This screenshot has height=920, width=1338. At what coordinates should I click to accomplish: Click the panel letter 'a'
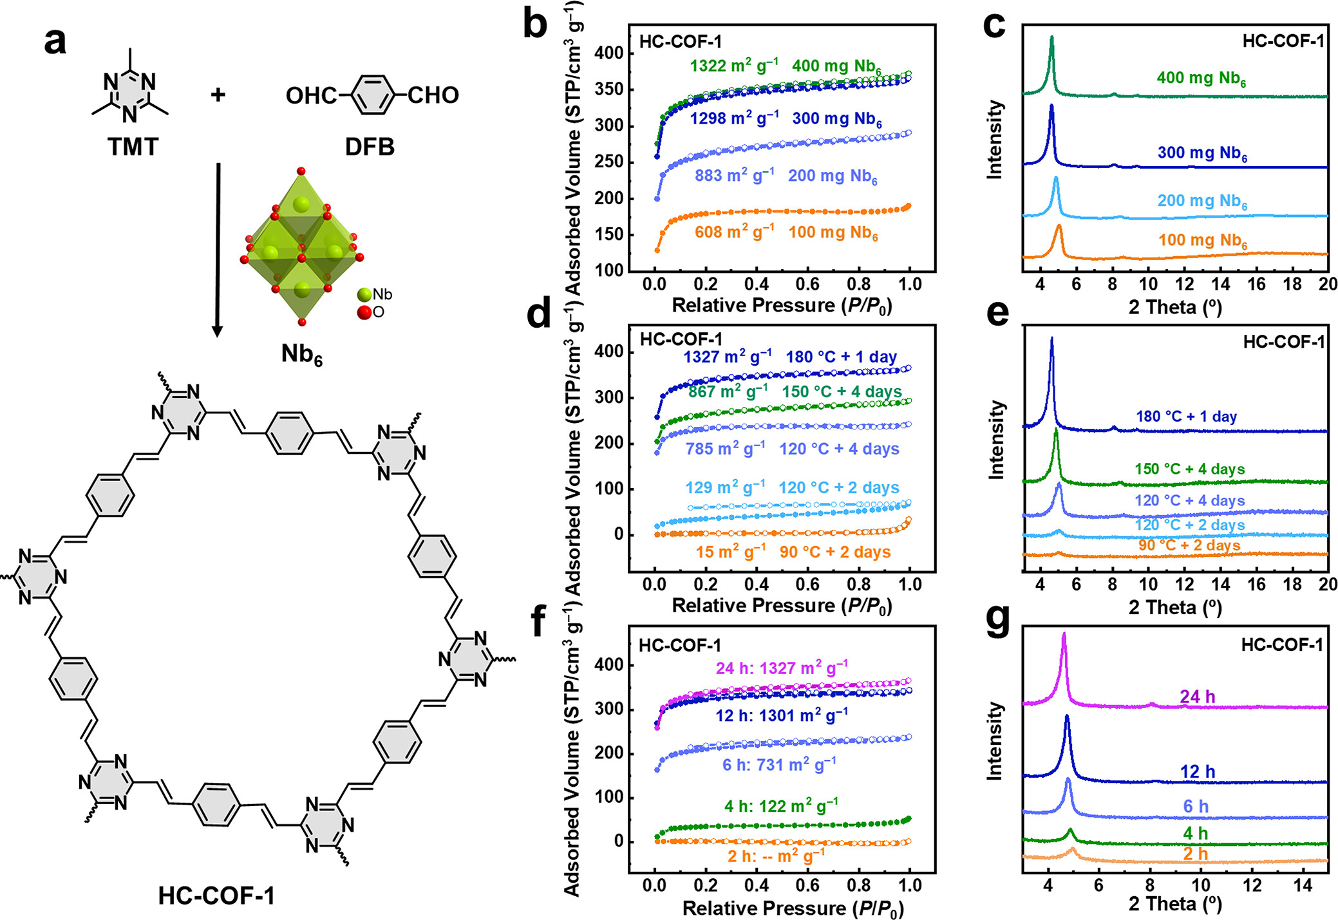click(x=55, y=42)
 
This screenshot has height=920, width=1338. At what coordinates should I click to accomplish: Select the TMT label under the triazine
click(x=133, y=147)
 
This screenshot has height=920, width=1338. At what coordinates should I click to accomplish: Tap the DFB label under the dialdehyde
click(x=370, y=147)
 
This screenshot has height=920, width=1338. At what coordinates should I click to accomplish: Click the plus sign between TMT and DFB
click(x=218, y=95)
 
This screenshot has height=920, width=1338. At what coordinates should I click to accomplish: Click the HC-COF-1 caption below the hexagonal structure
click(x=216, y=896)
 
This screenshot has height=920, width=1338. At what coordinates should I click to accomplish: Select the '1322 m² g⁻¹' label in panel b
click(x=734, y=66)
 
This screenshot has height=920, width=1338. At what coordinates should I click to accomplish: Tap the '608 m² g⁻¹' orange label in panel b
click(x=734, y=232)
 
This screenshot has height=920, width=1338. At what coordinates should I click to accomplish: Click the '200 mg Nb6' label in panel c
click(x=1202, y=202)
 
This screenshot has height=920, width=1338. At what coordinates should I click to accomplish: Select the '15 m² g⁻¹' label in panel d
click(x=730, y=552)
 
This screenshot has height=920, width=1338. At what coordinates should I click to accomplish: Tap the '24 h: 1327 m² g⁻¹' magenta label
click(x=782, y=668)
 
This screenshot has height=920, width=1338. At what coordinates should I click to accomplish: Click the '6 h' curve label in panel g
click(x=1196, y=806)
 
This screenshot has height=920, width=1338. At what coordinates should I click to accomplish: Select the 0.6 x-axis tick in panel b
click(x=807, y=284)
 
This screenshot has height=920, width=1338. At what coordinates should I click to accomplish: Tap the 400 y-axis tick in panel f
click(x=609, y=665)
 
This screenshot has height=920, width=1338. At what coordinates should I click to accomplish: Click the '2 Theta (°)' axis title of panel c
click(x=1175, y=307)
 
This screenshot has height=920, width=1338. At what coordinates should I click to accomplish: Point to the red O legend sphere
click(x=364, y=313)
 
